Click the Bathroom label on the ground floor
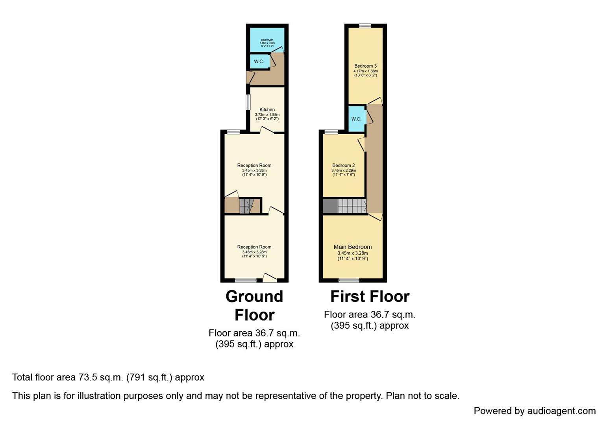point(267,40)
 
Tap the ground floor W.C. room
point(259,62)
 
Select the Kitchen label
point(267,109)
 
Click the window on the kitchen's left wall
point(248,102)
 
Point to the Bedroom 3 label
point(365,66)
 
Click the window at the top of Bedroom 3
point(365,26)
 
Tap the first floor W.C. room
point(356,119)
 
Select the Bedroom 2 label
point(343,165)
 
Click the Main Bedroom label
point(352,247)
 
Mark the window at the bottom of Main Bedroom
point(349,281)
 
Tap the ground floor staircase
point(246,206)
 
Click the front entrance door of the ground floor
point(270,278)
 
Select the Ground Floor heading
point(254,305)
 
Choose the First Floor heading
point(370,296)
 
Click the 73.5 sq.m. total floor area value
point(101,377)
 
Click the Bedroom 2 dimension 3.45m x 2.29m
point(343,170)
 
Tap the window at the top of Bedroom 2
point(331,132)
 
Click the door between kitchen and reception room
point(267,131)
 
